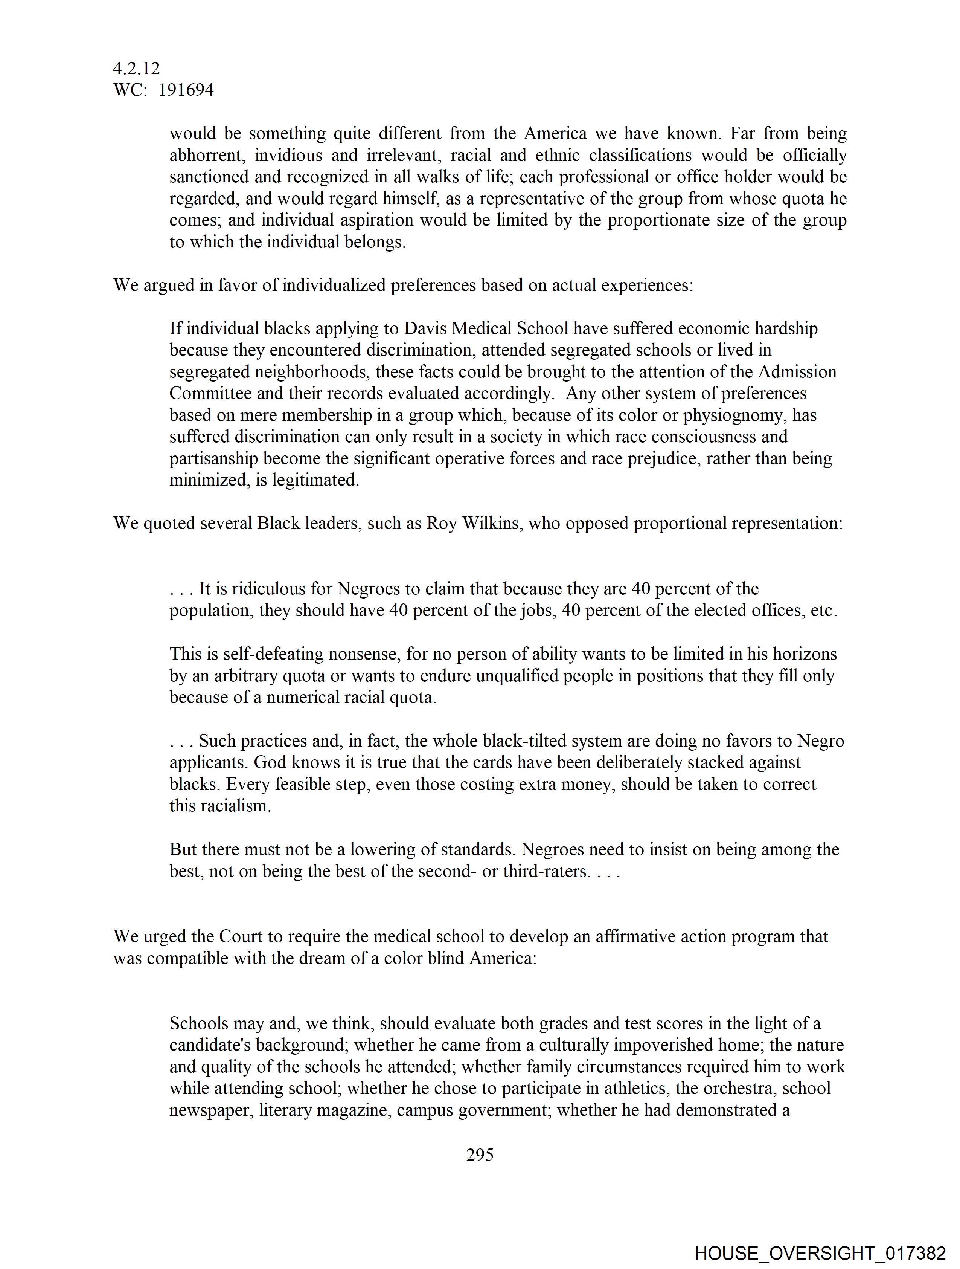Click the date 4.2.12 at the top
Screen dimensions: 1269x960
[137, 69]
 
